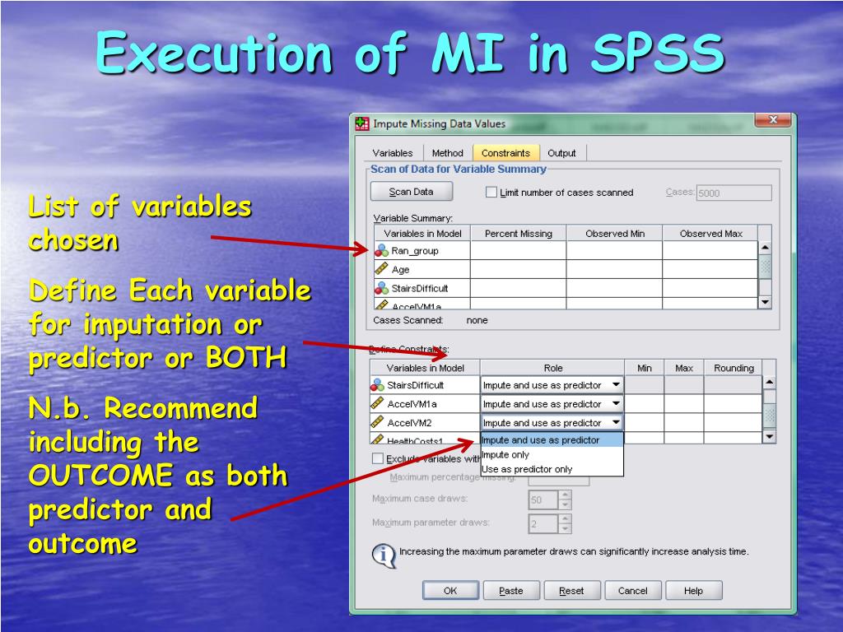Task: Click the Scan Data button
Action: click(x=411, y=192)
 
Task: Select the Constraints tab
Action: click(x=505, y=153)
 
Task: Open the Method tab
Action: click(x=448, y=153)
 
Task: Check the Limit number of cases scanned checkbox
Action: click(x=491, y=193)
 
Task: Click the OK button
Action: click(x=450, y=590)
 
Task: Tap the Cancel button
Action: click(x=632, y=590)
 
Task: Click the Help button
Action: click(x=693, y=590)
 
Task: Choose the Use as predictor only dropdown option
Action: click(x=527, y=469)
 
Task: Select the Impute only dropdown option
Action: click(x=505, y=454)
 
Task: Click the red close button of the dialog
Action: click(x=772, y=121)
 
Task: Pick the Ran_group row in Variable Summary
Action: click(x=415, y=251)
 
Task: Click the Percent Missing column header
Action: click(x=518, y=234)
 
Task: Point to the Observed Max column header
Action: click(x=710, y=234)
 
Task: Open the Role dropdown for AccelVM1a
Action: click(x=616, y=404)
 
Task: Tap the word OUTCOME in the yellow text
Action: click(x=100, y=476)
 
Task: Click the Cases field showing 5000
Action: click(x=733, y=193)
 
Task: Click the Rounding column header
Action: click(x=733, y=368)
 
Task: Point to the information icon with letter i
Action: click(x=384, y=555)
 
